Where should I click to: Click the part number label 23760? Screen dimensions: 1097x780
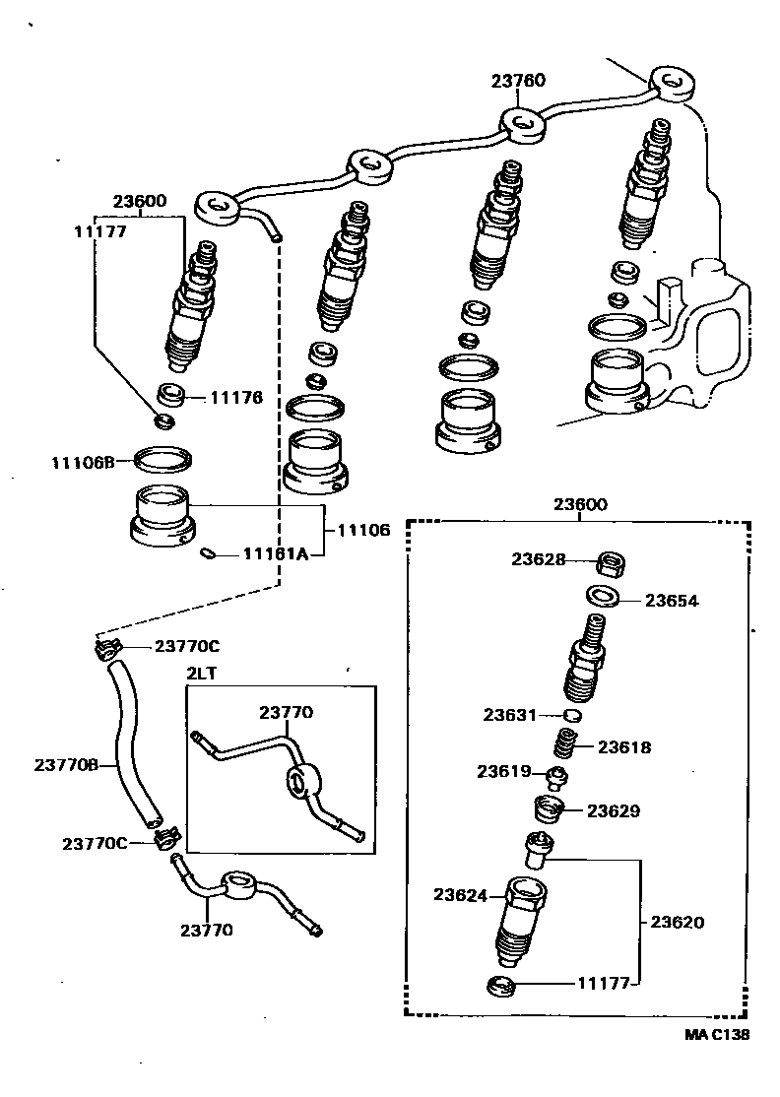[518, 81]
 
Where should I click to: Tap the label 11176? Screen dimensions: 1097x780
[235, 398]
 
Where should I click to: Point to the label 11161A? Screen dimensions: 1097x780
[276, 554]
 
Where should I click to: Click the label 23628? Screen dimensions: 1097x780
[538, 559]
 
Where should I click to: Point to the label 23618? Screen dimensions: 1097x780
[624, 747]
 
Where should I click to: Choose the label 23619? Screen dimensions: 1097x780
[505, 771]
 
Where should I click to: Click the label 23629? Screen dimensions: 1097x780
[614, 810]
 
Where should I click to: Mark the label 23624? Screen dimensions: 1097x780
[461, 894]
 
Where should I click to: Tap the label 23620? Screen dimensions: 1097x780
[677, 923]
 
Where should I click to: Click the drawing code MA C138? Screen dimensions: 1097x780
[718, 1035]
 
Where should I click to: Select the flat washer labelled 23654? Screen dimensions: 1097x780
[601, 597]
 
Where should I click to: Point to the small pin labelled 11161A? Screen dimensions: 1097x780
[208, 554]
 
